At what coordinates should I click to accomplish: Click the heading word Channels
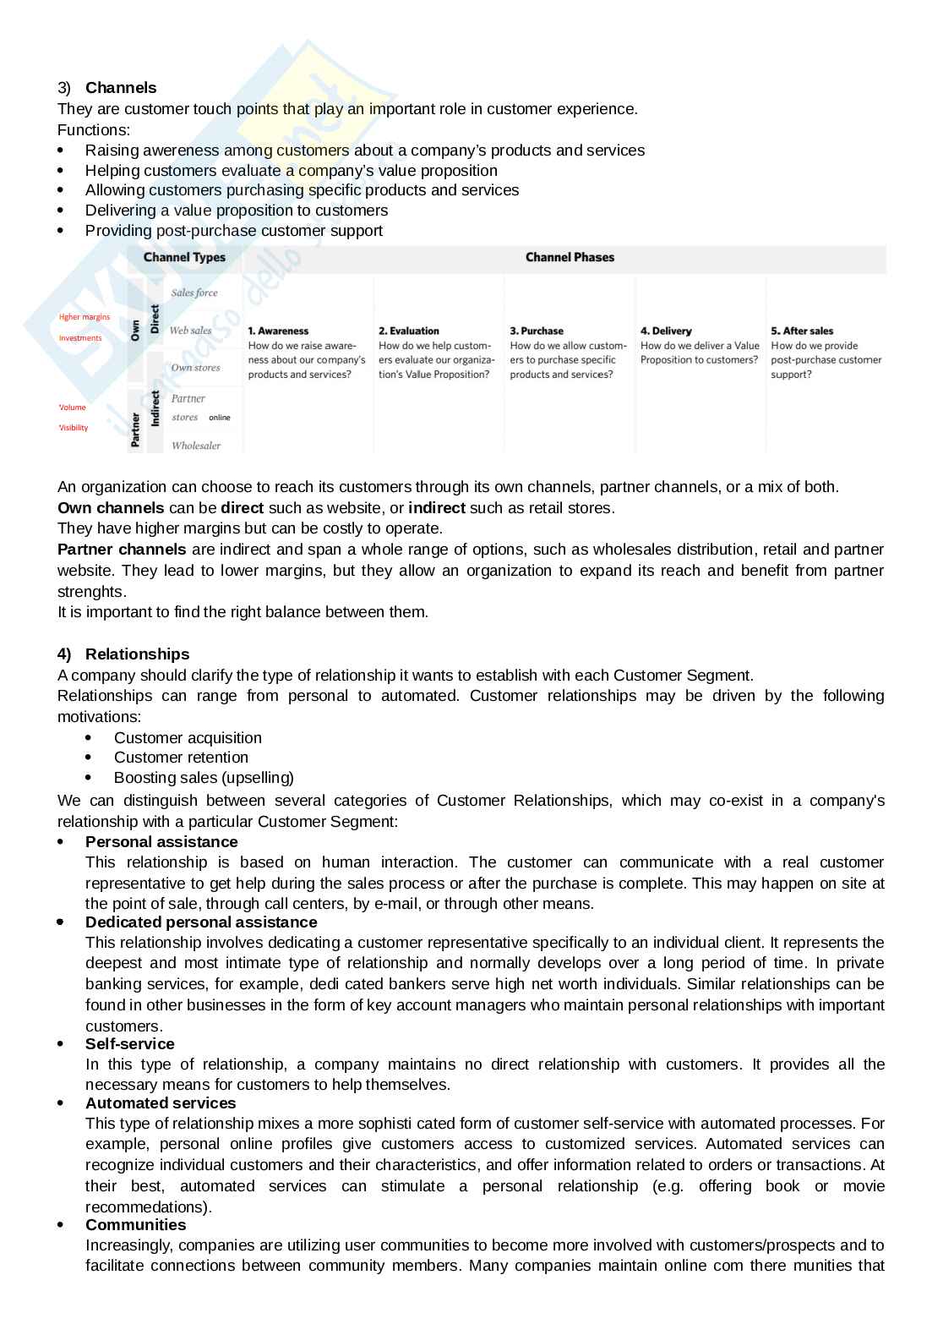[121, 88]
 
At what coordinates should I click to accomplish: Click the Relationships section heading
[137, 654]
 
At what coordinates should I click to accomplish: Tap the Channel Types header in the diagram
[184, 258]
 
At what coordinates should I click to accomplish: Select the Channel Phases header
[570, 258]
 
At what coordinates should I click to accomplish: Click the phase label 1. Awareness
[278, 331]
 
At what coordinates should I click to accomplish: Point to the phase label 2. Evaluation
[409, 331]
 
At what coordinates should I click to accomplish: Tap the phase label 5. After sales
[802, 331]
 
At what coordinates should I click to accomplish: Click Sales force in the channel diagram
[194, 293]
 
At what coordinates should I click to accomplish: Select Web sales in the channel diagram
[191, 331]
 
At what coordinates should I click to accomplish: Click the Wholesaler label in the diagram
[196, 446]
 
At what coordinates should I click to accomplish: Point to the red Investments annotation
[80, 338]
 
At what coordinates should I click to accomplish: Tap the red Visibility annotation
[74, 428]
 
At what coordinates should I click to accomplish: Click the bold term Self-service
[129, 1044]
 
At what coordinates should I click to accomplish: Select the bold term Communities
[135, 1225]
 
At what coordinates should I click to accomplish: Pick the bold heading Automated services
[161, 1103]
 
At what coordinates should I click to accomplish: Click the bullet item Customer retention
[181, 758]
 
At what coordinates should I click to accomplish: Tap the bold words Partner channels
[122, 550]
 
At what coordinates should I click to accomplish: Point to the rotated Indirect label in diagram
[155, 408]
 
